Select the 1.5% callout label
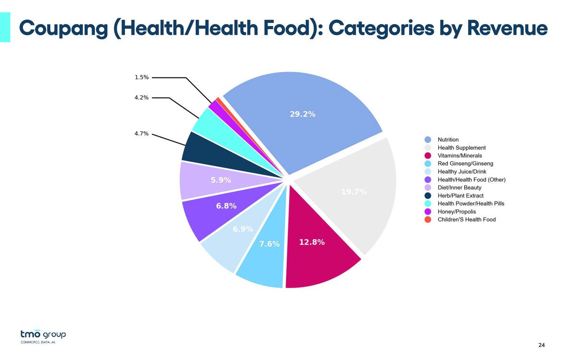pos(142,77)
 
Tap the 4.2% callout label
pos(142,97)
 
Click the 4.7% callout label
pos(142,134)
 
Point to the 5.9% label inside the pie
pos(221,180)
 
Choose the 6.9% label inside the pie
pos(243,229)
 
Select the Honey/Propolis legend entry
pos(456,211)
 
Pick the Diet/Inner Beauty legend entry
pos(459,187)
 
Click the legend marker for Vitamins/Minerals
pos(428,156)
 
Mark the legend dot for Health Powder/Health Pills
pos(428,204)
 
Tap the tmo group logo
pos(43,335)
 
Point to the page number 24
pos(541,345)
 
